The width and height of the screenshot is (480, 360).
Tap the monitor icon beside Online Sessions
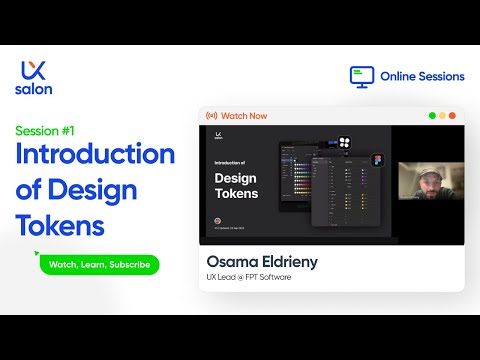[x=362, y=76]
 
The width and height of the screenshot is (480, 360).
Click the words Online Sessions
[x=421, y=76]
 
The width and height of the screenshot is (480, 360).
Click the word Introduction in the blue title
[x=95, y=156]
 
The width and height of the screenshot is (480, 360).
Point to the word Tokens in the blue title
[x=60, y=224]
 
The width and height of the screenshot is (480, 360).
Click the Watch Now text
[x=245, y=116]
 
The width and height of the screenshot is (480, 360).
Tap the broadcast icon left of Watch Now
[x=212, y=116]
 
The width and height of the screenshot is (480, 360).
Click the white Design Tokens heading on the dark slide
[x=237, y=185]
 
